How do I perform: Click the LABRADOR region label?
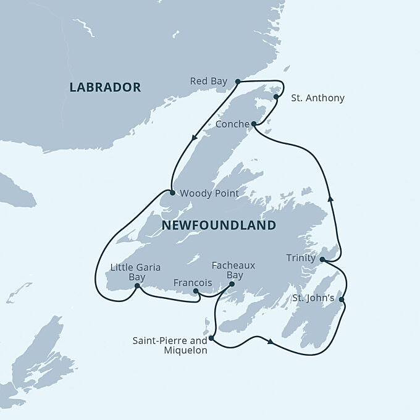(105, 87)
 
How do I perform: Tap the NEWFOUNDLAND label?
(219, 225)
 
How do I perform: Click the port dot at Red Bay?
(238, 82)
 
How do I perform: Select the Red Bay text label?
(209, 81)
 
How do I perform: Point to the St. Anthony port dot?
(276, 97)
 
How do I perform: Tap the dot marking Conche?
(253, 124)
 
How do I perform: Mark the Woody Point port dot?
(172, 193)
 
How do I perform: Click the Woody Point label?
(209, 193)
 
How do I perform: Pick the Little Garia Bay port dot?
(136, 286)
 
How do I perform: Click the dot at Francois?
(196, 291)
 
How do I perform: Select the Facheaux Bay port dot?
(232, 285)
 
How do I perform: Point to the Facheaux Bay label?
(233, 270)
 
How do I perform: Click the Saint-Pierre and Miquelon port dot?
(211, 338)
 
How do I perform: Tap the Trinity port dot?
(322, 259)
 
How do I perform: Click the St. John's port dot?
(342, 301)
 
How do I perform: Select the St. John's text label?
(314, 298)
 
